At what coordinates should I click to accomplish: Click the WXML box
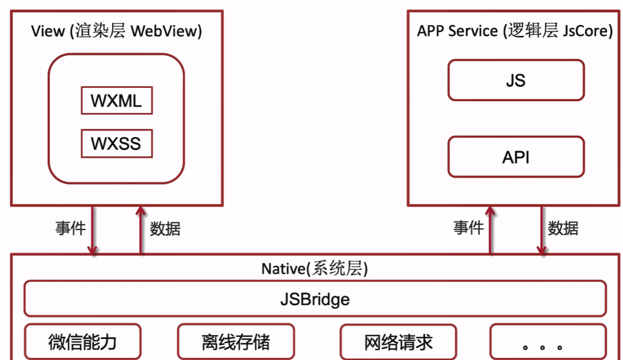[x=116, y=100]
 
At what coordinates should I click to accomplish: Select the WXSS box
[x=116, y=143]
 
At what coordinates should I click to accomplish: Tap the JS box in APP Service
[x=516, y=80]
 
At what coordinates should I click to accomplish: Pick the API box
[x=516, y=157]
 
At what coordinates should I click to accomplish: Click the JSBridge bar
[x=315, y=299]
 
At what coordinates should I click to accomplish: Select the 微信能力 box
[x=83, y=342]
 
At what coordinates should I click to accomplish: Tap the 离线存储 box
[x=236, y=342]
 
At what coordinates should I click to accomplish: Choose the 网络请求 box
[x=398, y=342]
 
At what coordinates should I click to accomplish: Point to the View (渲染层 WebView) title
[x=116, y=31]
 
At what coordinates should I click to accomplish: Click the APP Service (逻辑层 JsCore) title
[x=515, y=31]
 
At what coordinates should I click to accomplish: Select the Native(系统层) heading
[x=314, y=269]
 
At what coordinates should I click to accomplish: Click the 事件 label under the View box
[x=70, y=228]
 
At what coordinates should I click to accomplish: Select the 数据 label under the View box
[x=165, y=229]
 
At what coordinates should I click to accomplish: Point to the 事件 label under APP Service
[x=468, y=228]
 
